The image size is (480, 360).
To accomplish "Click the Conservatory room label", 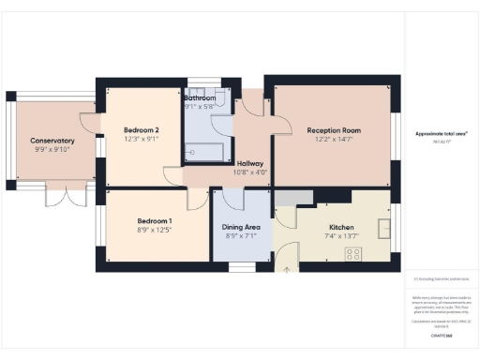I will tap(52, 141).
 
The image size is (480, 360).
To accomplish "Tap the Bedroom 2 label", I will tap(142, 130).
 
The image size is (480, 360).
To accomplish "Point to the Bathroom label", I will tap(200, 97).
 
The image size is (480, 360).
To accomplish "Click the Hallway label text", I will tap(249, 163).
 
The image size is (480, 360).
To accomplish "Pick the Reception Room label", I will tap(337, 130).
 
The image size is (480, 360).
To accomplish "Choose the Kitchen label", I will tap(340, 227).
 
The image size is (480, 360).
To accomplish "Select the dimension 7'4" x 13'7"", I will tap(340, 236).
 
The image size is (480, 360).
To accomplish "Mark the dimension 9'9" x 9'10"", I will tap(52, 150).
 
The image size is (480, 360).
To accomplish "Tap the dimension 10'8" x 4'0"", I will tap(249, 172).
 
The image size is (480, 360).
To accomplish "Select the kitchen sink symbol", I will tap(384, 227).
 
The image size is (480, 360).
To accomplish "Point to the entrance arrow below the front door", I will tap(286, 270).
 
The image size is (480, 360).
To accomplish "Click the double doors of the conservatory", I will tap(67, 198).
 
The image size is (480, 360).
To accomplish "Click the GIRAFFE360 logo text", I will tap(441, 334).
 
